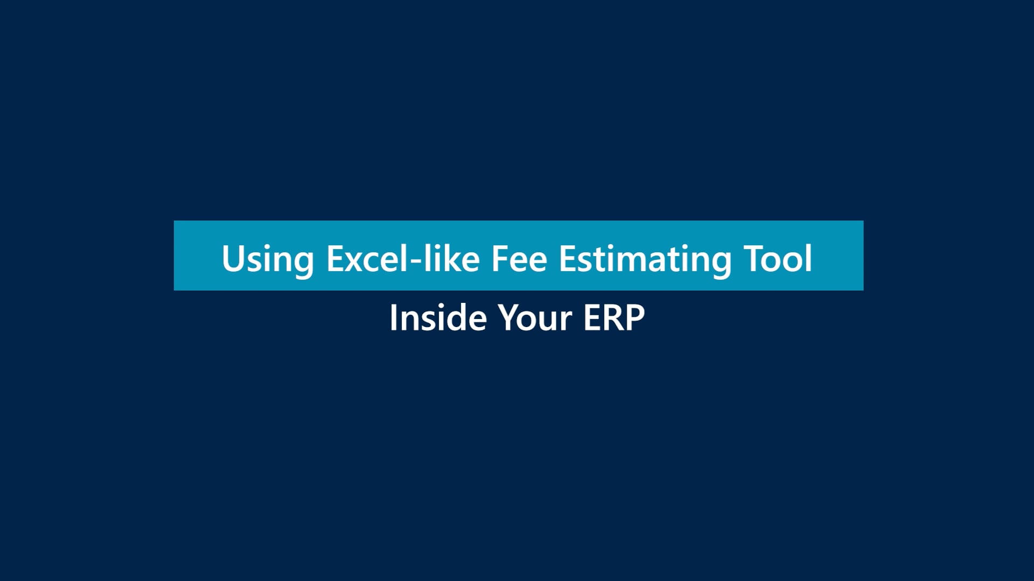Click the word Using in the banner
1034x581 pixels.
click(268, 261)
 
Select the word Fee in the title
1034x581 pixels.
click(519, 259)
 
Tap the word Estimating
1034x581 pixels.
click(645, 261)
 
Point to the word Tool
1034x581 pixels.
click(778, 259)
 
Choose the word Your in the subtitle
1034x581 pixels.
click(535, 318)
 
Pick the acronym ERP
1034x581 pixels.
click(614, 318)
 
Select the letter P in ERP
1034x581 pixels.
click(634, 318)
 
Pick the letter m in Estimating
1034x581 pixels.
click(630, 263)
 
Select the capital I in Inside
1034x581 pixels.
click(393, 318)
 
